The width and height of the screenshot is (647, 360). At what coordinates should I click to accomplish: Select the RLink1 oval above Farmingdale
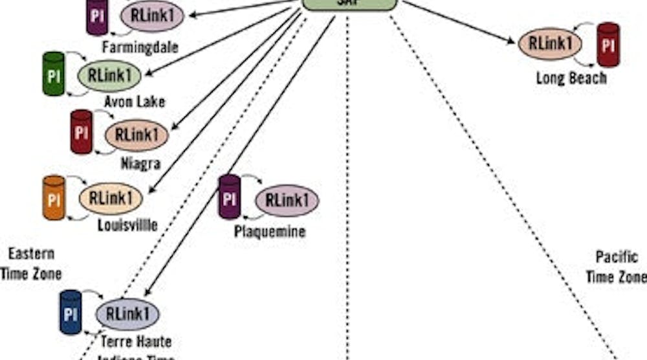pos(152,16)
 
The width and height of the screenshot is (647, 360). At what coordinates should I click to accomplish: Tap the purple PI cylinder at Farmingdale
pos(97,16)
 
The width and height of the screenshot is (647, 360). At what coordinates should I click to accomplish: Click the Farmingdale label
pos(140,47)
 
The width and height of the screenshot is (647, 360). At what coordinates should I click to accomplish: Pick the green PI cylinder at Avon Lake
pos(54,74)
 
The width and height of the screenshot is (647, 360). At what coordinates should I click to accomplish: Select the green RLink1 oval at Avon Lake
pos(109,76)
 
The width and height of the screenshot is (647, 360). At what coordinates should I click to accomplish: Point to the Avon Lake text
pos(135,102)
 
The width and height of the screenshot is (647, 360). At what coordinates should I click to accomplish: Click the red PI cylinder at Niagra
pos(82,132)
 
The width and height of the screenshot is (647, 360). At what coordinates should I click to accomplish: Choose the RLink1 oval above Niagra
pos(137,134)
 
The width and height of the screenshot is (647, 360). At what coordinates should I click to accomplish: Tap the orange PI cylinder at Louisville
pos(54,198)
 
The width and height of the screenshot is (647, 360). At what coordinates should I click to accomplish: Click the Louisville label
pos(127,225)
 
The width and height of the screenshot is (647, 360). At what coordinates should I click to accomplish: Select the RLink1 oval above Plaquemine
pos(287,199)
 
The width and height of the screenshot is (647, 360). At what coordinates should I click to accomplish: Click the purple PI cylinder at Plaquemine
pos(230,197)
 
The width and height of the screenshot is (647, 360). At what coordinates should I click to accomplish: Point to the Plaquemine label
pos(269,231)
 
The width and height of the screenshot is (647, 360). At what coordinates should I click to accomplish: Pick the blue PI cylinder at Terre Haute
pos(71,313)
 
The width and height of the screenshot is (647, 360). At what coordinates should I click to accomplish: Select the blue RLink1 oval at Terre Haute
pos(127,314)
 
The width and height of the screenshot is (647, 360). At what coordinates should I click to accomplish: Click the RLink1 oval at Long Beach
pos(550,44)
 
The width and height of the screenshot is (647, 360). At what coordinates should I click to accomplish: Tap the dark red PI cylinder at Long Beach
pos(608,45)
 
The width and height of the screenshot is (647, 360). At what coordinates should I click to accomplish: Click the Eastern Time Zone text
pos(31,264)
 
